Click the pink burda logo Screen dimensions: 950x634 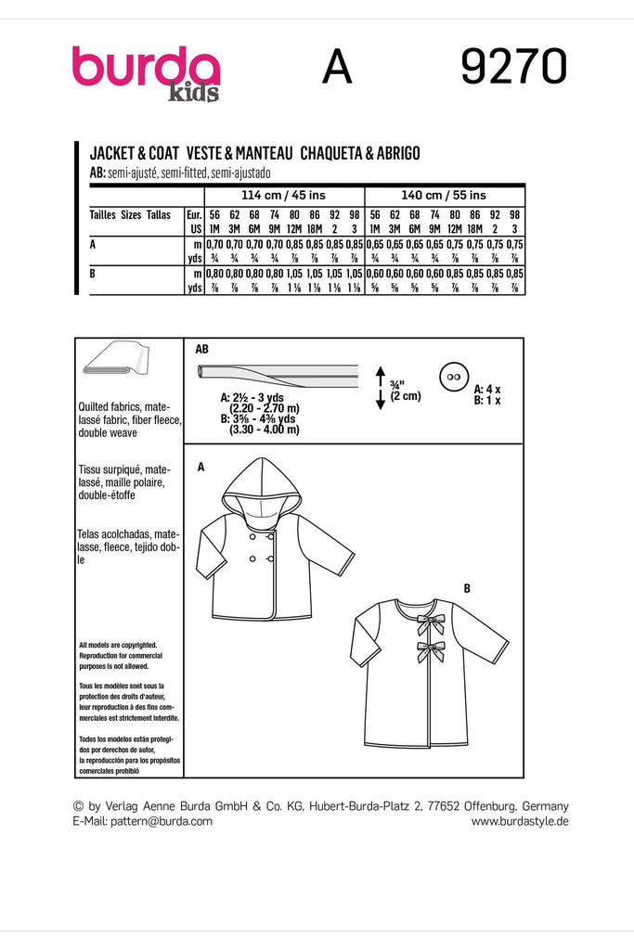[146, 69]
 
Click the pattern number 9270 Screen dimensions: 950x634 [513, 68]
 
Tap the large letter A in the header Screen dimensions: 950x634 [337, 68]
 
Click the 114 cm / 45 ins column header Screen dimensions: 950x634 [284, 195]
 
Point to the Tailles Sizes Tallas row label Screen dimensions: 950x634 [130, 213]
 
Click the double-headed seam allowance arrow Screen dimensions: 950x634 [380, 387]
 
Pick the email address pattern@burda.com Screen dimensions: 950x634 [159, 821]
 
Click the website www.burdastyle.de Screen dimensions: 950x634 [520, 821]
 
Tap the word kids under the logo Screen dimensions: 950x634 [194, 94]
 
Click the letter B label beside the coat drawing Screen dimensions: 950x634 [466, 587]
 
